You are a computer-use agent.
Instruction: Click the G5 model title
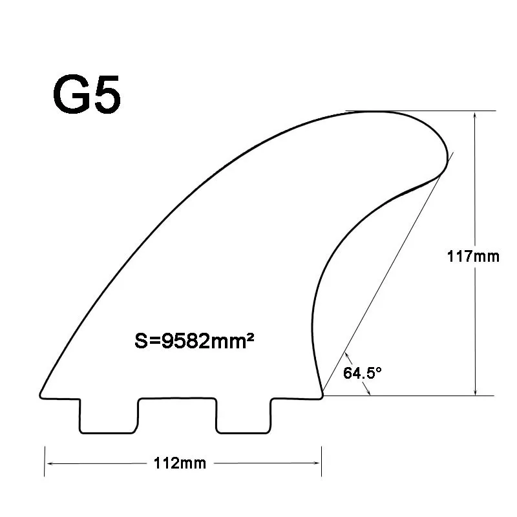click(87, 95)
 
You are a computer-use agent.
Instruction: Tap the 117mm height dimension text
click(473, 256)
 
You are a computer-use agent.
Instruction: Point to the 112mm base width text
click(180, 463)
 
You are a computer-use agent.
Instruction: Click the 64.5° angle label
click(363, 373)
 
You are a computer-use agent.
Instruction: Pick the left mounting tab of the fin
click(109, 416)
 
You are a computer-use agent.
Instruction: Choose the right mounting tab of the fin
click(244, 416)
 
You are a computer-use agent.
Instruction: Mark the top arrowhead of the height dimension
click(476, 115)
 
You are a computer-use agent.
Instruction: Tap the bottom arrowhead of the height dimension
click(476, 391)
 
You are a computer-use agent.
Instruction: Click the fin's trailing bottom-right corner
click(322, 394)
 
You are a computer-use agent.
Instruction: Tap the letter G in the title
click(71, 95)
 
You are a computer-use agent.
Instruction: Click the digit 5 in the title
click(105, 95)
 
